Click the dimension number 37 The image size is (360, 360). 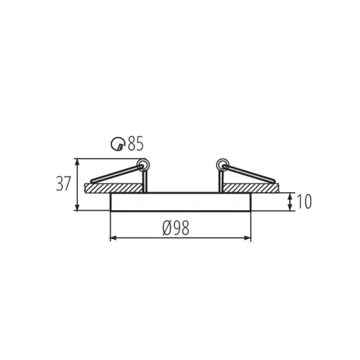pos(63,184)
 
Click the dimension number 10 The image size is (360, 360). pos(304,202)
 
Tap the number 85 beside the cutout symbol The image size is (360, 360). pos(136,144)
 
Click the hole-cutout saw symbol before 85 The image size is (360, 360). pos(119,144)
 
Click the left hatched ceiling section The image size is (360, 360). pos(114,188)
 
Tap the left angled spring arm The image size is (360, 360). pos(115,174)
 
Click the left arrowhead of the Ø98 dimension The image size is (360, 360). pos(112,238)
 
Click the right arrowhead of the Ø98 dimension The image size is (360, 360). pos(248,238)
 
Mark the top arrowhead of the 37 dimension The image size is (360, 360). pos(77,161)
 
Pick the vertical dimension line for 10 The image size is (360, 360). pos(290,202)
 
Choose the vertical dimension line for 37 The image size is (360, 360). pos(77,184)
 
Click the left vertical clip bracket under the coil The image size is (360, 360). pos(145,180)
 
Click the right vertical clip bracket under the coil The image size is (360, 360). pos(220,180)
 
